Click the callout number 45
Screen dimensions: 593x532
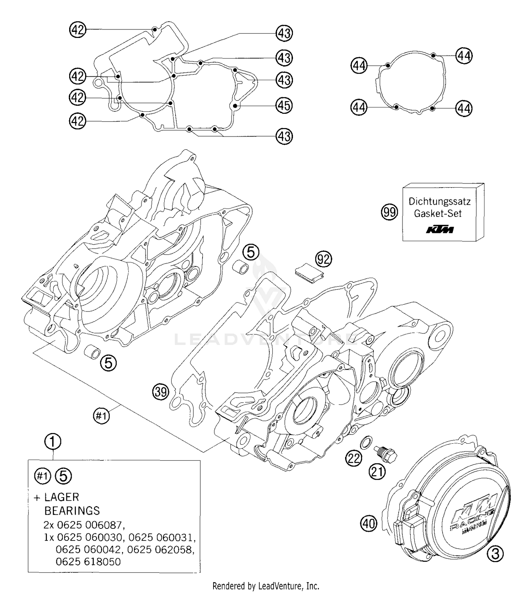pos(284,106)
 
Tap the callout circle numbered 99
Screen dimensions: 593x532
pos(389,212)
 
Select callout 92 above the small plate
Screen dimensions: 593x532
pos(323,260)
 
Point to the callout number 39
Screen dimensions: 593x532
pos(161,392)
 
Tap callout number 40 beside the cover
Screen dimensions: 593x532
pos(369,523)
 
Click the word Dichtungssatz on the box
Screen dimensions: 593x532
pos(439,201)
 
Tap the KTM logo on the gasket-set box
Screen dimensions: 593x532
pos(440,230)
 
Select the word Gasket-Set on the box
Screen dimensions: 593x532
pos(438,214)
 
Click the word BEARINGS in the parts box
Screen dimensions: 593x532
pos(72,511)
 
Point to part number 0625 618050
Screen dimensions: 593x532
pos(88,561)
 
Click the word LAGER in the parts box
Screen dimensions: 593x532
pos(62,497)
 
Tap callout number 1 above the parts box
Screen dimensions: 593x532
pos(52,442)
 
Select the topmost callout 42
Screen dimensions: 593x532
pos(78,29)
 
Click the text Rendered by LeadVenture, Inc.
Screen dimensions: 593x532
pos(266,586)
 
